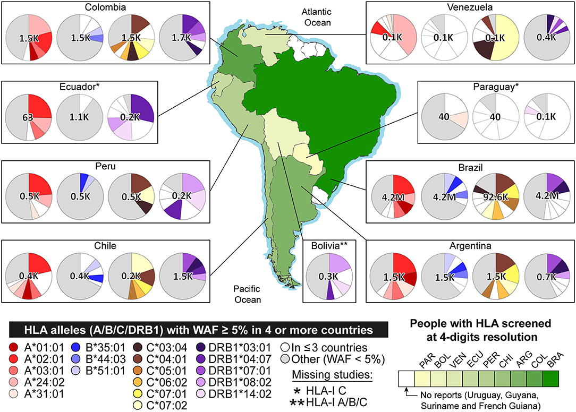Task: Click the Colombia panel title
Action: tap(105, 7)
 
